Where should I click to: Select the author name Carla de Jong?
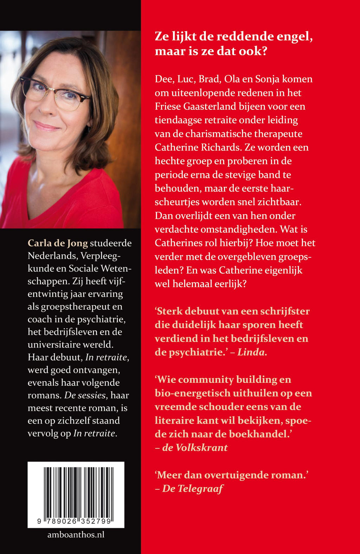tap(58, 243)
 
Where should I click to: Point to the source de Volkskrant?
tap(195, 448)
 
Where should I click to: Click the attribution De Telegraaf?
tap(193, 489)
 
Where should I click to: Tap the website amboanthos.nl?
tap(76, 535)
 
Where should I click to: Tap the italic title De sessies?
tap(85, 395)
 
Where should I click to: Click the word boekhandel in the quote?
tap(259, 434)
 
